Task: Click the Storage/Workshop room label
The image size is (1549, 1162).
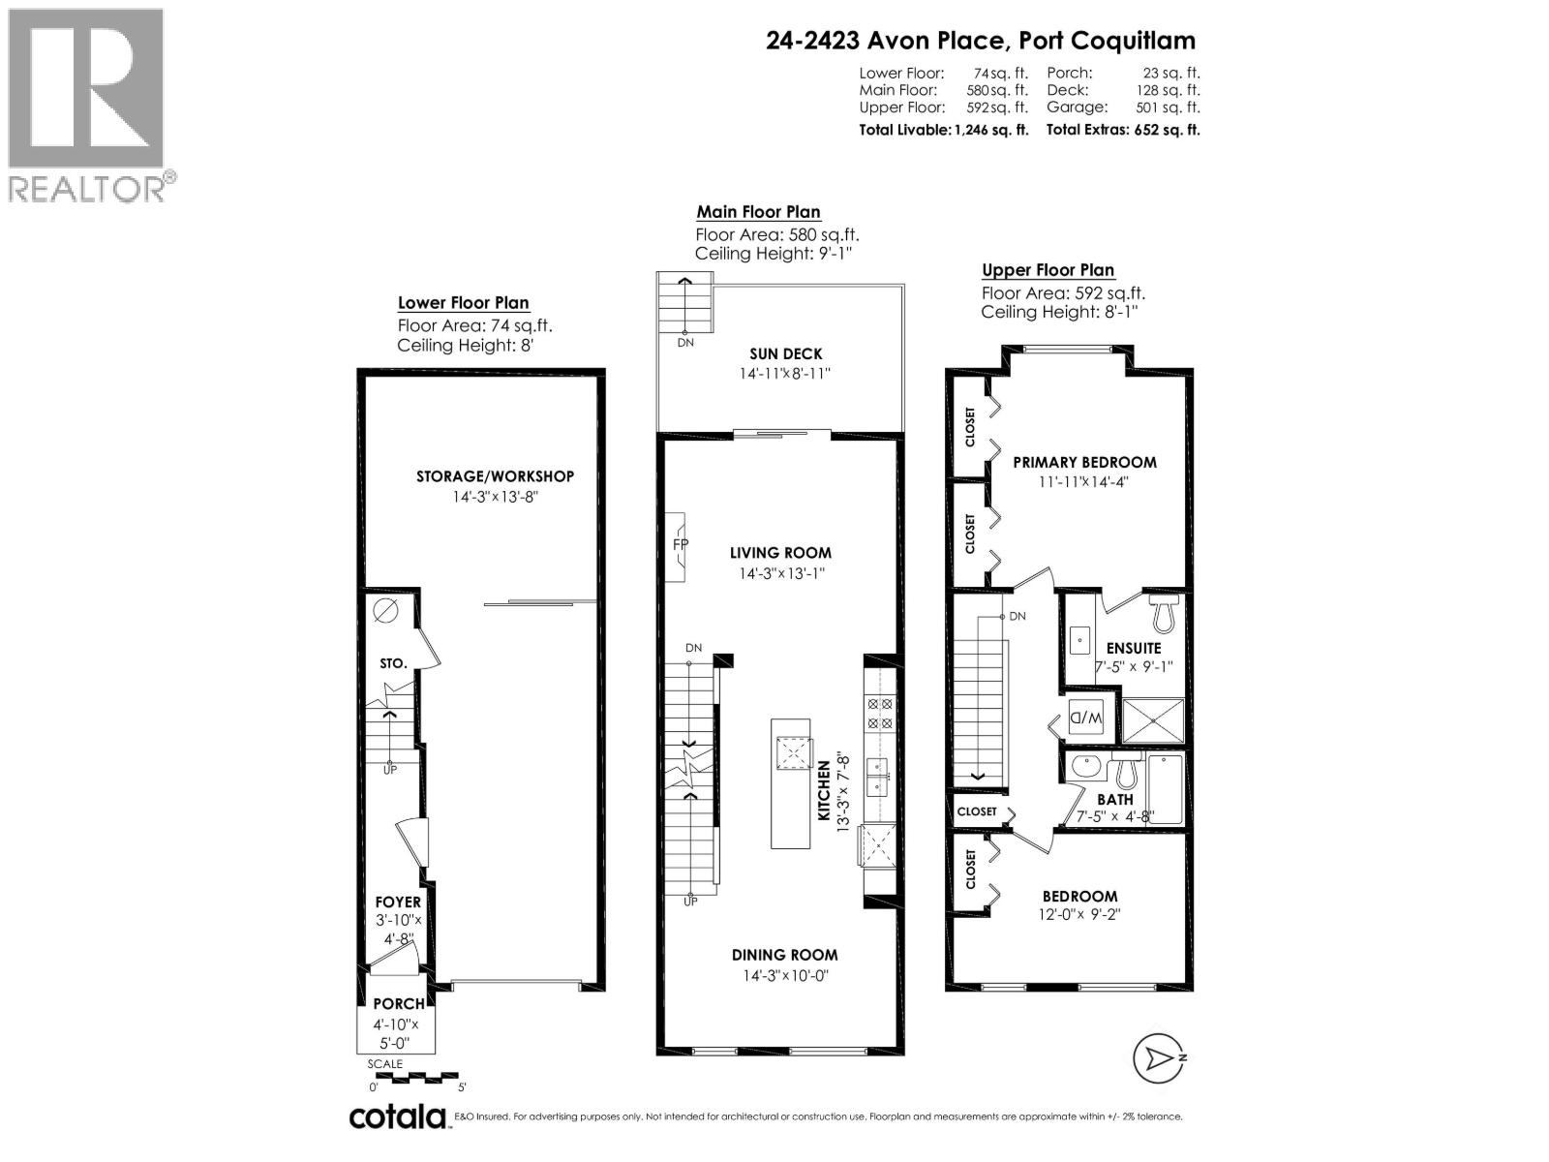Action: [x=495, y=476]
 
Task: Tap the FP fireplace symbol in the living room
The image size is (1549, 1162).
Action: [x=680, y=545]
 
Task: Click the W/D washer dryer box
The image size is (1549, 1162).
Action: [x=1086, y=719]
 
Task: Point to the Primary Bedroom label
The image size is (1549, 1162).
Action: [x=1084, y=462]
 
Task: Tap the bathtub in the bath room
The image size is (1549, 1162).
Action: [x=1166, y=789]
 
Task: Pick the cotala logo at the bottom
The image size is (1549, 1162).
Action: [x=397, y=1116]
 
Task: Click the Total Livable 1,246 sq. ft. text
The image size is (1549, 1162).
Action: [x=944, y=130]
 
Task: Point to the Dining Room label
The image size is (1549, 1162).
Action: [x=784, y=955]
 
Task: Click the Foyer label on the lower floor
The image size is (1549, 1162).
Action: [x=398, y=902]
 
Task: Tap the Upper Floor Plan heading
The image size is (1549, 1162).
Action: [x=1048, y=270]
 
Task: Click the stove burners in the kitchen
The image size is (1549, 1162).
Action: [x=880, y=714]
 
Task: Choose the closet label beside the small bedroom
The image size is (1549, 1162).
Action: [x=971, y=870]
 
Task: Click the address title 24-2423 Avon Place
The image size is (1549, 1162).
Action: [x=980, y=41]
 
